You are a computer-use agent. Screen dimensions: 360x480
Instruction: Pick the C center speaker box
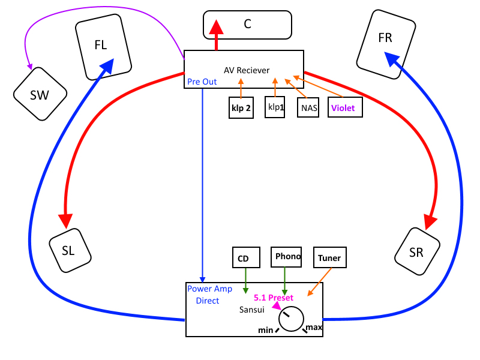(248, 24)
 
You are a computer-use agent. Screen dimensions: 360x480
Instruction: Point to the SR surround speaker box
(416, 252)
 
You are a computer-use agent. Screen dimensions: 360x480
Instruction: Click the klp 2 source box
(241, 108)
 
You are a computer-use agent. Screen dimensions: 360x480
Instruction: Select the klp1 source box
(275, 107)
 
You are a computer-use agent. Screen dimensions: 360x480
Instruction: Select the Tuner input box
(329, 258)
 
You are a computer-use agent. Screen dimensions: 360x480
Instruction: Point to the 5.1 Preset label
(274, 297)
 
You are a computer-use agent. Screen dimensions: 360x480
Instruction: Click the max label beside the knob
(314, 328)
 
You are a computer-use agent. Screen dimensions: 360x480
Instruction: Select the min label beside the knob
(266, 330)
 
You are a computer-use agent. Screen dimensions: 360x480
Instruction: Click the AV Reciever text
(247, 70)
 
